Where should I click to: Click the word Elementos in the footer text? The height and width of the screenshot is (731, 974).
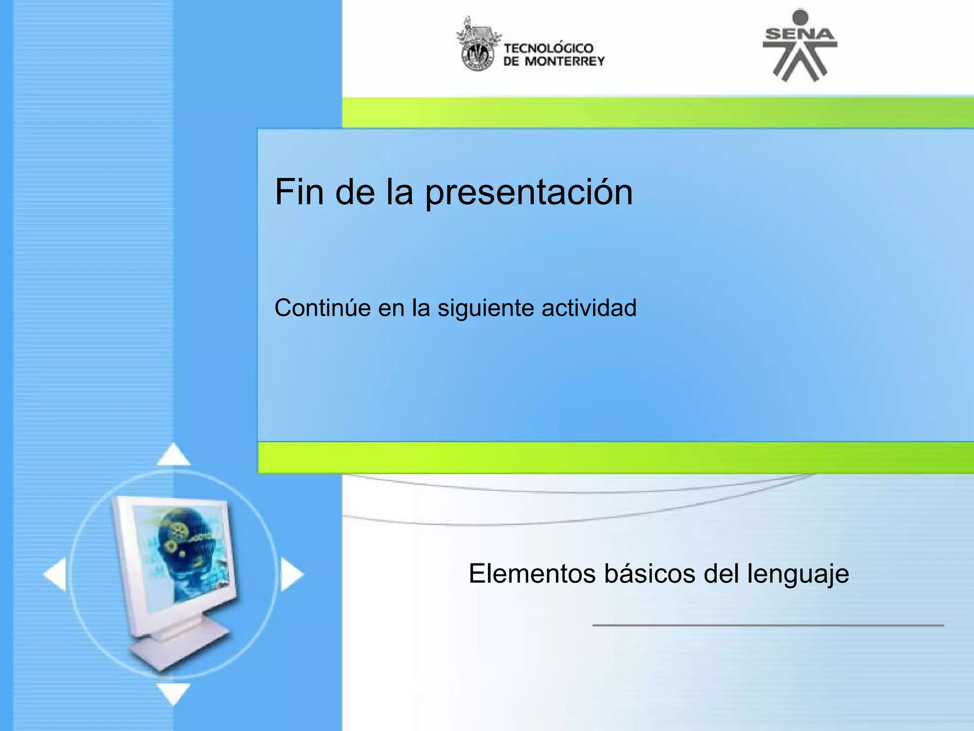click(x=532, y=573)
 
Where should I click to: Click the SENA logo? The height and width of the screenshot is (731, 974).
click(x=800, y=46)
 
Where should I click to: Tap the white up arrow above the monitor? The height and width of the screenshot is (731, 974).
click(x=174, y=454)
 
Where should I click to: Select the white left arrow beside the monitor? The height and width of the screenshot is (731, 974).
click(x=55, y=574)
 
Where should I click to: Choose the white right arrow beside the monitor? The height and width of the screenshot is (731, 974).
click(x=291, y=574)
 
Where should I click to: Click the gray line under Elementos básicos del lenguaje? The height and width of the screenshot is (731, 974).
click(x=768, y=625)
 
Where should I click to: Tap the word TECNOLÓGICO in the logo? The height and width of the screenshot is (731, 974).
click(x=548, y=48)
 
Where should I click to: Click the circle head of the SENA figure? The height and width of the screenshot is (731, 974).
click(x=800, y=18)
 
